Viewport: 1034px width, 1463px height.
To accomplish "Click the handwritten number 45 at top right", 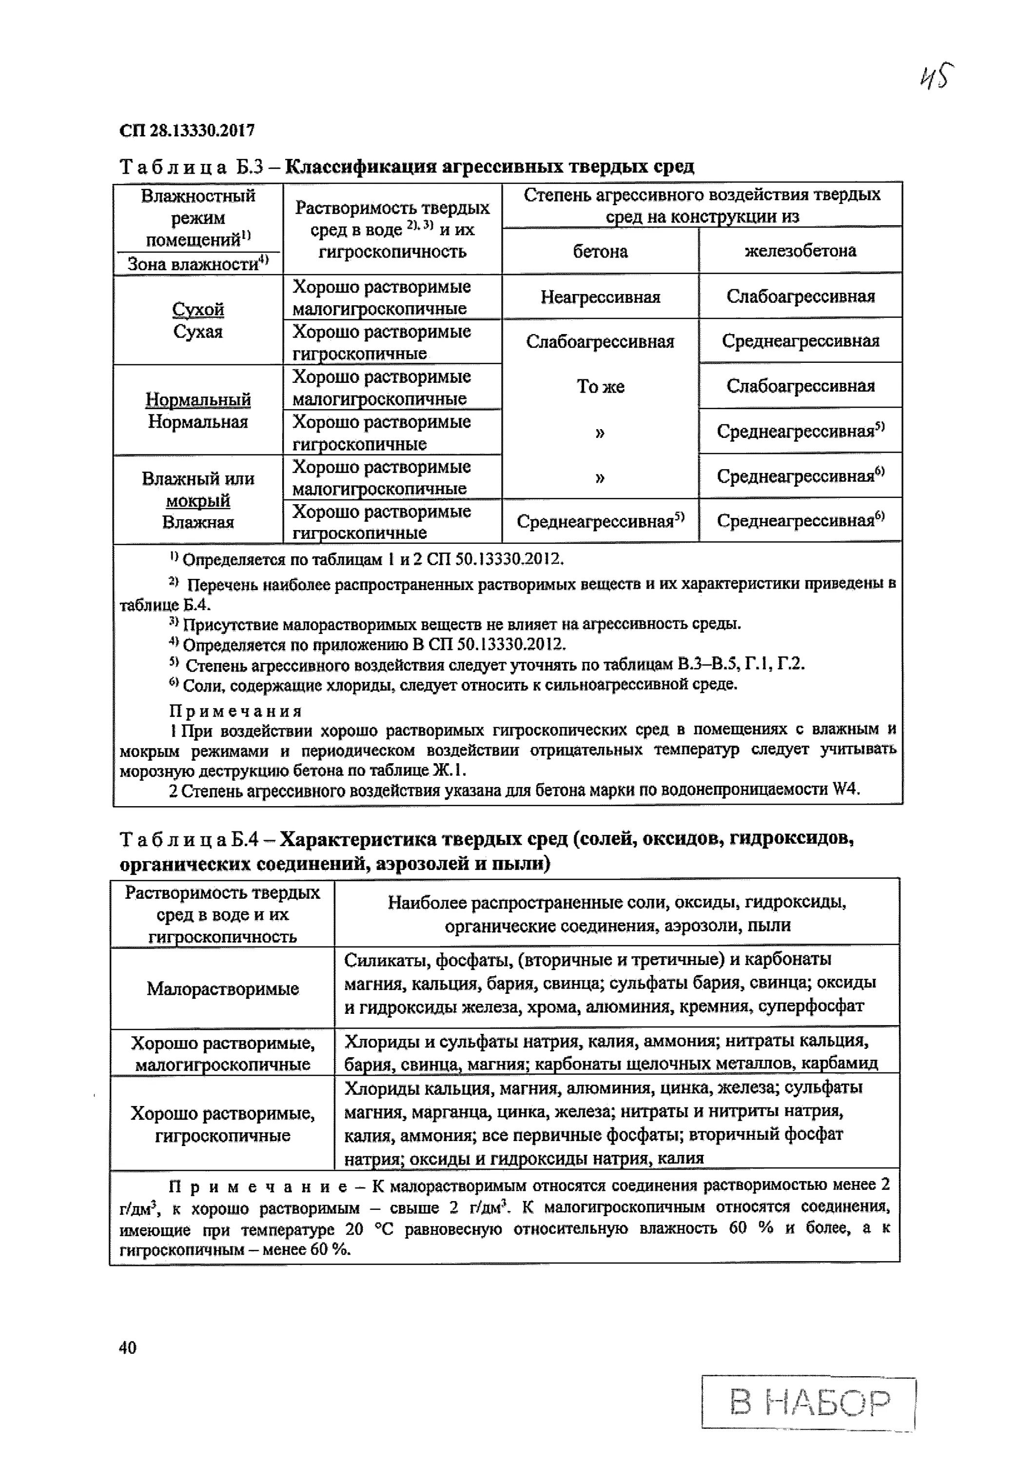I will pyautogui.click(x=936, y=77).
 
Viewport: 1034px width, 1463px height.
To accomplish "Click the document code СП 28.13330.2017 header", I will pyautogui.click(x=187, y=131).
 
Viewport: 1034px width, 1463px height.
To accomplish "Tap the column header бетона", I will pyautogui.click(x=600, y=252).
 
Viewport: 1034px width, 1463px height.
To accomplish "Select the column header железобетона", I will pyautogui.click(x=800, y=251).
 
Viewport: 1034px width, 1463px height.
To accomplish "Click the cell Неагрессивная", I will pyautogui.click(x=600, y=297).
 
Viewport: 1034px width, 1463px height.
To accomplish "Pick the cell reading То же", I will pyautogui.click(x=600, y=387).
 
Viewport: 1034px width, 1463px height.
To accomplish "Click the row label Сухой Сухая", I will pyautogui.click(x=198, y=320).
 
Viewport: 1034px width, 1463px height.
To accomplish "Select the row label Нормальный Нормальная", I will pyautogui.click(x=198, y=410).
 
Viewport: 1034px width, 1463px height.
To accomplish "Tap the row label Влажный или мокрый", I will pyautogui.click(x=198, y=489).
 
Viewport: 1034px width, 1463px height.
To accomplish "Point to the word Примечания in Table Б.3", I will pyautogui.click(x=235, y=711).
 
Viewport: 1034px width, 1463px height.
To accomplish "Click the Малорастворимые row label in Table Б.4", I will pyautogui.click(x=222, y=989).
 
